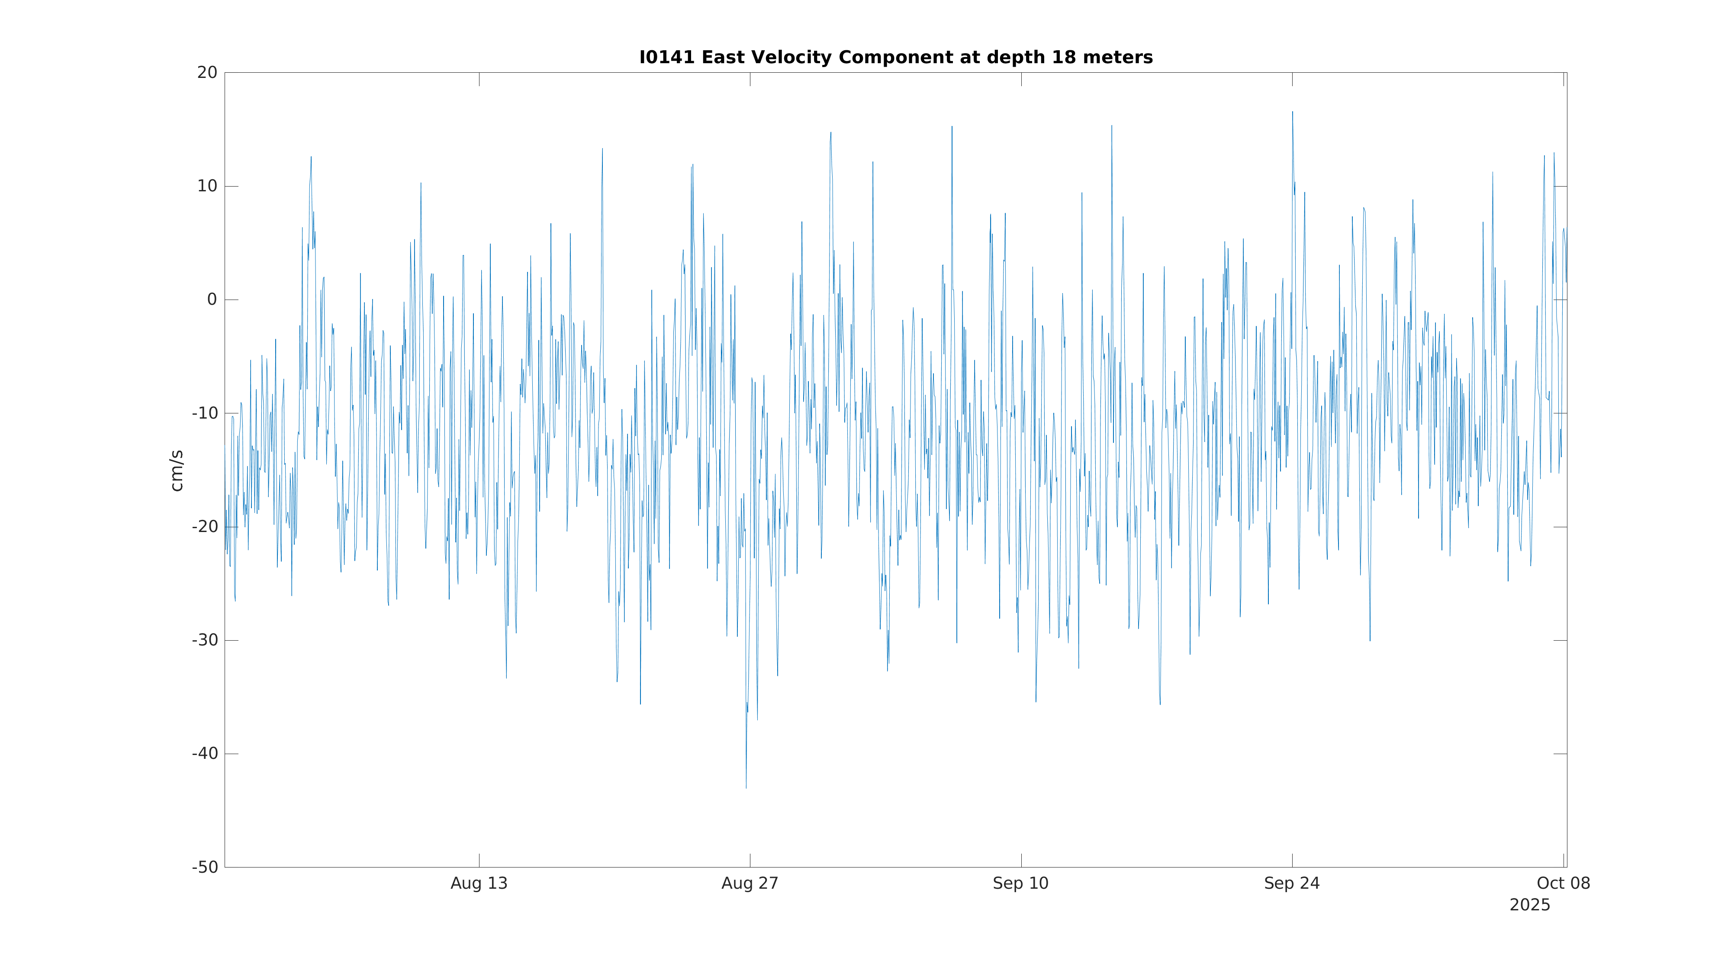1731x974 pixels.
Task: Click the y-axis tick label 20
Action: pyautogui.click(x=207, y=73)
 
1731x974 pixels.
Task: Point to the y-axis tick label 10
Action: pyautogui.click(x=207, y=186)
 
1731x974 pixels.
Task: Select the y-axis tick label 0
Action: pyautogui.click(x=212, y=300)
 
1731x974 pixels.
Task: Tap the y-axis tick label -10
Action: pyautogui.click(x=205, y=413)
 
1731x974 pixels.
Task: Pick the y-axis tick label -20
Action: pyautogui.click(x=205, y=527)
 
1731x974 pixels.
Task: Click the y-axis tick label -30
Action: pyautogui.click(x=205, y=641)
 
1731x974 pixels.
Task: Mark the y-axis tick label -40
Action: pyautogui.click(x=205, y=754)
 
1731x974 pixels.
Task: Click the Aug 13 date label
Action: pyautogui.click(x=479, y=884)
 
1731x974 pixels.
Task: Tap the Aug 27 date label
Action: pyautogui.click(x=750, y=884)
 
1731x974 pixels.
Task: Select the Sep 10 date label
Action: pyautogui.click(x=1021, y=884)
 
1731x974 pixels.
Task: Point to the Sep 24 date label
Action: pyautogui.click(x=1291, y=884)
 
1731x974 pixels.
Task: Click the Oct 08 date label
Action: pyautogui.click(x=1563, y=884)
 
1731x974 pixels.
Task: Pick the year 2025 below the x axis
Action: pyautogui.click(x=1529, y=906)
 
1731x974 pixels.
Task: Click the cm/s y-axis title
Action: pyautogui.click(x=177, y=471)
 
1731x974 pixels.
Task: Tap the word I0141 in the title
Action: pyautogui.click(x=667, y=58)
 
